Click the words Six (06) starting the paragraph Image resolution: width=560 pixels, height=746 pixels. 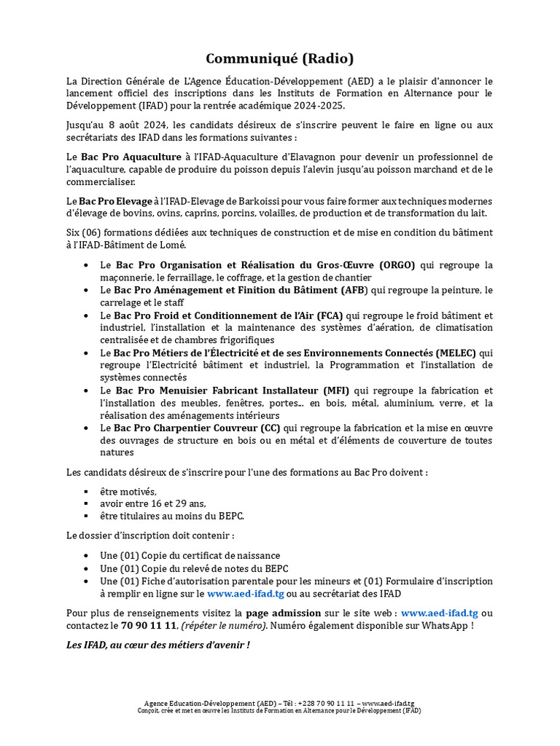point(83,232)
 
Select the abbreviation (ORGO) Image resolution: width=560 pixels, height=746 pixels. point(394,265)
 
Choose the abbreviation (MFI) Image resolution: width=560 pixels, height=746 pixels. point(333,390)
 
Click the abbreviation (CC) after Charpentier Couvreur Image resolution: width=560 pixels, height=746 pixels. point(271,428)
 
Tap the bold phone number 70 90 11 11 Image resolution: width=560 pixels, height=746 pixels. point(149,626)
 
